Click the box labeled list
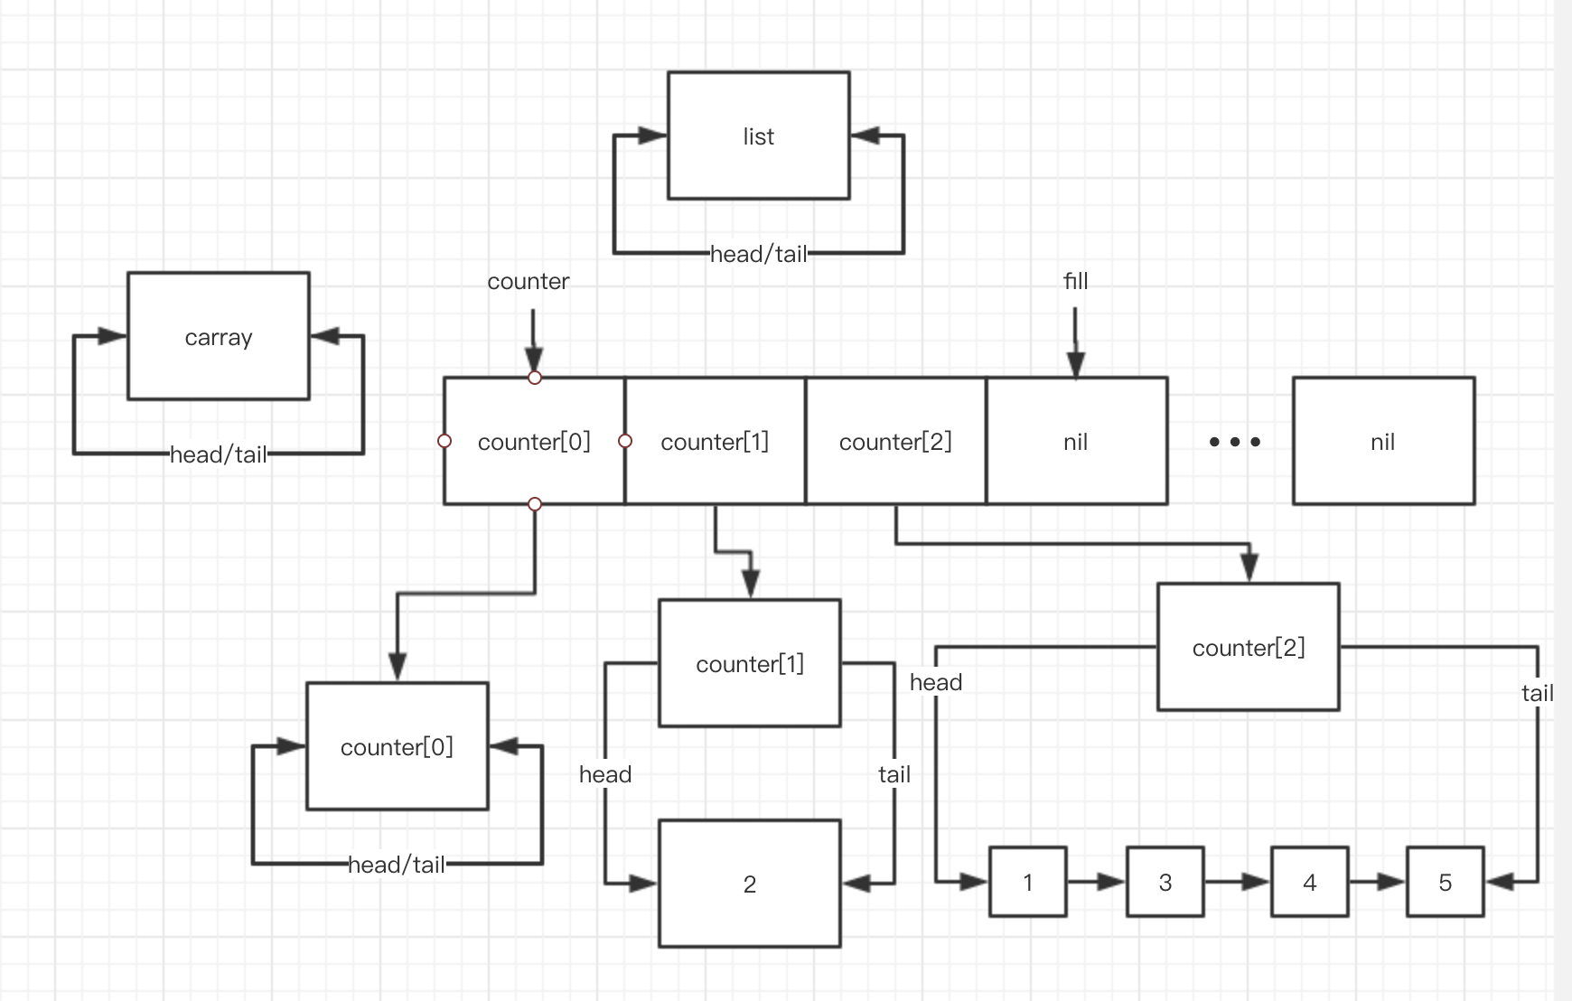point(758,136)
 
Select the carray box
point(218,336)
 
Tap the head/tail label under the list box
point(758,254)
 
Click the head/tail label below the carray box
point(218,454)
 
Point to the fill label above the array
point(1075,281)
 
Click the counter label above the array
point(528,281)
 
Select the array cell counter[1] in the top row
point(715,441)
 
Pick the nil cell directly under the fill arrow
point(1075,441)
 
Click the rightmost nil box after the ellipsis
point(1382,441)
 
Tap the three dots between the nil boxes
point(1234,442)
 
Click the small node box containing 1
point(1027,882)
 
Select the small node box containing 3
point(1165,882)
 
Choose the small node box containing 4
point(1309,882)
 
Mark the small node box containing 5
point(1445,882)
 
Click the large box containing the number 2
point(749,884)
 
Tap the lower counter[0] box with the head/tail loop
point(397,746)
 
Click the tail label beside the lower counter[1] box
point(894,774)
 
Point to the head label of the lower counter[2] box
point(935,682)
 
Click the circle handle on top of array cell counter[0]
point(534,378)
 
